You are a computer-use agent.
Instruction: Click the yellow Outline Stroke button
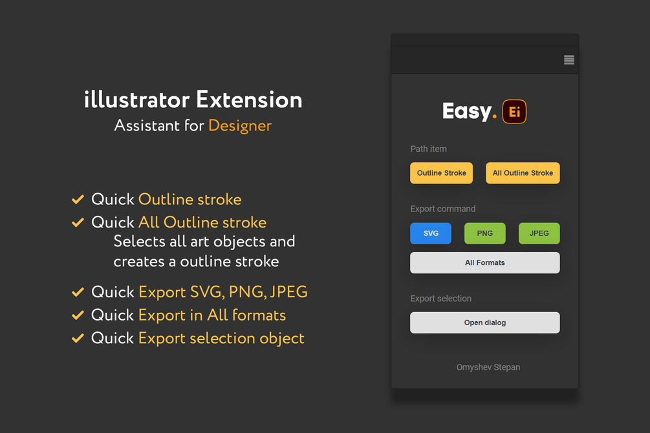(x=442, y=173)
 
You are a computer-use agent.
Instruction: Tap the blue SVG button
(x=431, y=233)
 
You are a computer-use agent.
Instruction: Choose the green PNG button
(x=485, y=233)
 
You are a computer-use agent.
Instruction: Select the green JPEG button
(x=539, y=233)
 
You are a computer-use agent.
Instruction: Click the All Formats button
(x=485, y=263)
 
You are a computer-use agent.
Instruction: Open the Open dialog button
(x=485, y=322)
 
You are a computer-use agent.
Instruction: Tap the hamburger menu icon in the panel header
(x=569, y=60)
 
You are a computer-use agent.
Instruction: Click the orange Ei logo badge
(x=515, y=112)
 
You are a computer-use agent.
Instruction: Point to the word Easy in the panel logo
(x=466, y=112)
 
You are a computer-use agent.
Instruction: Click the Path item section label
(x=428, y=149)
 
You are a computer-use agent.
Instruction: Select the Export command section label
(x=443, y=209)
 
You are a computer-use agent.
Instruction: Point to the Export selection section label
(x=441, y=299)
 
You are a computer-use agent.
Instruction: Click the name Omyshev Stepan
(x=488, y=367)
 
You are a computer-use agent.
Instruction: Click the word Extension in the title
(x=249, y=100)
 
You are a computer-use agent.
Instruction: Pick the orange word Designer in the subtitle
(x=240, y=125)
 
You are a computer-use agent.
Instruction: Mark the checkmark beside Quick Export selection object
(x=78, y=338)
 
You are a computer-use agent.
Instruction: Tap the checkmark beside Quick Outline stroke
(x=78, y=200)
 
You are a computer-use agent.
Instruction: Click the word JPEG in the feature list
(x=288, y=292)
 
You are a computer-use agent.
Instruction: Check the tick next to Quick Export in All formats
(x=78, y=315)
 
